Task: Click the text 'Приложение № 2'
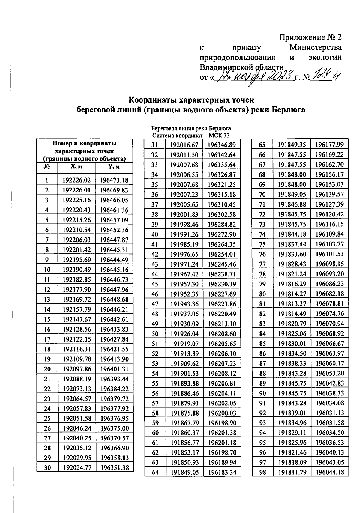pos(310,37)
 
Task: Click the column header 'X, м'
pos(76,167)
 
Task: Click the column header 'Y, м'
pos(114,167)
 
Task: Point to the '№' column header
pos(47,167)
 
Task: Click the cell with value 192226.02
pos(76,180)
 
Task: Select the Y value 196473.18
pos(114,180)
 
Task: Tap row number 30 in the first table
pos(47,467)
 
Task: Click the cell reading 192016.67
pos(184,145)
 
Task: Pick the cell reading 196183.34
pos(222,472)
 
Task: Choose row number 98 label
pos(263,472)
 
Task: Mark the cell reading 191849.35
pos(292,145)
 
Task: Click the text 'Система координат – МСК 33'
pos(191,135)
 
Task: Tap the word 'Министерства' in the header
pos(315,47)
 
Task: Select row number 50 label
pos(155,334)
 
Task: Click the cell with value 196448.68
pos(114,299)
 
